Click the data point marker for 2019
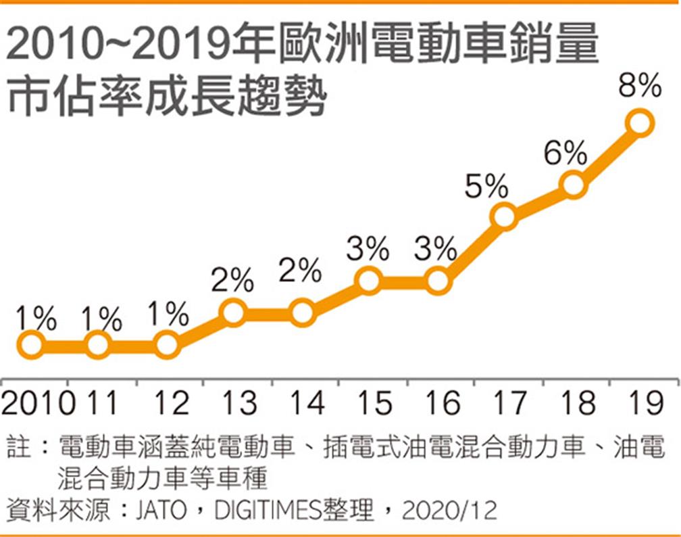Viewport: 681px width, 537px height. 640,123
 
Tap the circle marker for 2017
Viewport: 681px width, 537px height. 505,216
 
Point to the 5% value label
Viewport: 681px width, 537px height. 486,185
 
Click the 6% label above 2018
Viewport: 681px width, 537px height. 565,154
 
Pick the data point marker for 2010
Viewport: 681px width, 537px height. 31,346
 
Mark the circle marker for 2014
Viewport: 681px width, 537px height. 301,313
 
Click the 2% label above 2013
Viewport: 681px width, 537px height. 232,279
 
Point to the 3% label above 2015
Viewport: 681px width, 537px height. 368,249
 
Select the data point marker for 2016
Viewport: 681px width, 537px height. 438,281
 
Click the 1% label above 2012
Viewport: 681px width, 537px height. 167,314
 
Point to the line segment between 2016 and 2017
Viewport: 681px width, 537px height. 471,249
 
